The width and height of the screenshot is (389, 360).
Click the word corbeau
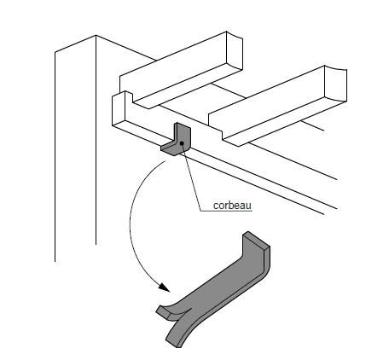232,206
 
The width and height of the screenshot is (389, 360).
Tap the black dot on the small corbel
182,143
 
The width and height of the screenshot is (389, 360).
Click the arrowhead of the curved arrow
165,287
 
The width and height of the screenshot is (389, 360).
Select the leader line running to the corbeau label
191,177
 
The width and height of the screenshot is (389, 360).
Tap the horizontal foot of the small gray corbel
170,148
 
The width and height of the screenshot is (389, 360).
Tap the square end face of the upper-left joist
235,50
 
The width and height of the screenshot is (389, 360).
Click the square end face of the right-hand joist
335,84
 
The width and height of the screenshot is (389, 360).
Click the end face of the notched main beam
119,108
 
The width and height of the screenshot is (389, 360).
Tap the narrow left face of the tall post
75,148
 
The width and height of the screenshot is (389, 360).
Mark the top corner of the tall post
96,35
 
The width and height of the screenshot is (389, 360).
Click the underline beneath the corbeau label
226,211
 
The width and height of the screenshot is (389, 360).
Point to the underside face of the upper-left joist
189,86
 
